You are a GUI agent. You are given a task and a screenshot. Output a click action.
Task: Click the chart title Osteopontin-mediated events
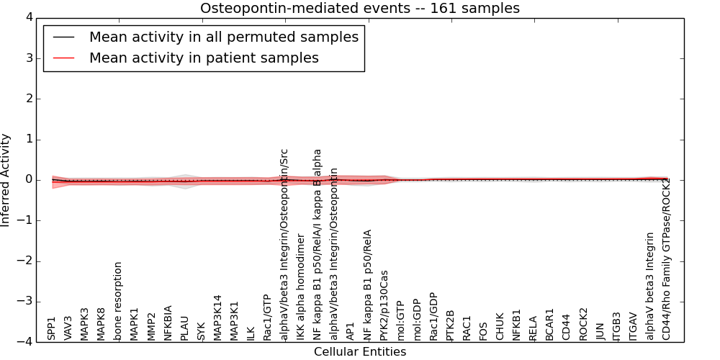(x=359, y=9)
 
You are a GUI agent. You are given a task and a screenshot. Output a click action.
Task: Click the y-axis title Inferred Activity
(x=6, y=180)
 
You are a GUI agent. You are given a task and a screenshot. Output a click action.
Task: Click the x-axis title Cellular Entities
(x=359, y=352)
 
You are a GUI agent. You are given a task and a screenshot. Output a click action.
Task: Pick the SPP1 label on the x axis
(x=52, y=328)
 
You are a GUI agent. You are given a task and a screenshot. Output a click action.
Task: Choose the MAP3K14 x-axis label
(x=217, y=318)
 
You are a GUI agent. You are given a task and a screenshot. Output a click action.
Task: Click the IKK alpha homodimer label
(x=300, y=289)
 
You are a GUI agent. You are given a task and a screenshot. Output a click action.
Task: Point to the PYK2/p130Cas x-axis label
(x=383, y=305)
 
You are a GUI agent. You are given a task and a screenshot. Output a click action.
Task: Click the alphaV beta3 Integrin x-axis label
(x=649, y=286)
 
